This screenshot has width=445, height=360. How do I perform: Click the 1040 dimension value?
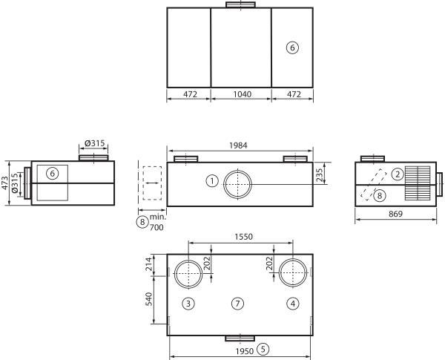pos(242,94)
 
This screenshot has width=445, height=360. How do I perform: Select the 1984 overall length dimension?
pos(238,145)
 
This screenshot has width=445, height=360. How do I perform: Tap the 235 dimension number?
pos(320,174)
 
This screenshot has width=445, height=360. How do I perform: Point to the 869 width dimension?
pos(395,214)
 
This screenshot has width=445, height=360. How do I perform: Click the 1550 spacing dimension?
pos(243,237)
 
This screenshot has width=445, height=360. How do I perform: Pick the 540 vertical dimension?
pos(149,299)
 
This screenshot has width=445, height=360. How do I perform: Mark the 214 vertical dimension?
pos(149,264)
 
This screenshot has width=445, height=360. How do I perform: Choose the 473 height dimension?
pos(5,183)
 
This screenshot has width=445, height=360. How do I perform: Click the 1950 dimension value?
pos(244,352)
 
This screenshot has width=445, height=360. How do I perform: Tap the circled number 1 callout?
pos(212,181)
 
